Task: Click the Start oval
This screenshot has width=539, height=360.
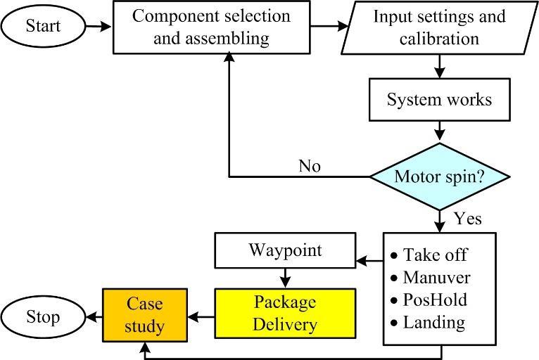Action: pos(43,27)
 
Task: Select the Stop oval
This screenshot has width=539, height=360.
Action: pos(43,316)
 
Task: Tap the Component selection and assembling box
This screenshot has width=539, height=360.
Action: pos(211,27)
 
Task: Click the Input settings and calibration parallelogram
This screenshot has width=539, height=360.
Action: pos(439,27)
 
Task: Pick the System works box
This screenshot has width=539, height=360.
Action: pos(439,99)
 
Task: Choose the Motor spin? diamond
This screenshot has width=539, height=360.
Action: pos(439,176)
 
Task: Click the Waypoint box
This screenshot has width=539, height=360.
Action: pos(285,250)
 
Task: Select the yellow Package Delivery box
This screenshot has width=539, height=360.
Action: pos(285,314)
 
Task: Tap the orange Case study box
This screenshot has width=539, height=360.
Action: pos(145,314)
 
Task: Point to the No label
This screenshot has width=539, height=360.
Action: pos(310,166)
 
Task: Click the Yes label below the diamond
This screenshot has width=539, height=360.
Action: pos(468,219)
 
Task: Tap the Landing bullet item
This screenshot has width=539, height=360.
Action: pos(433,323)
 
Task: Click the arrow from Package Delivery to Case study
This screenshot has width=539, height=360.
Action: pos(201,317)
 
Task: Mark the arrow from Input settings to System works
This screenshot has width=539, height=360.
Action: pos(439,67)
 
